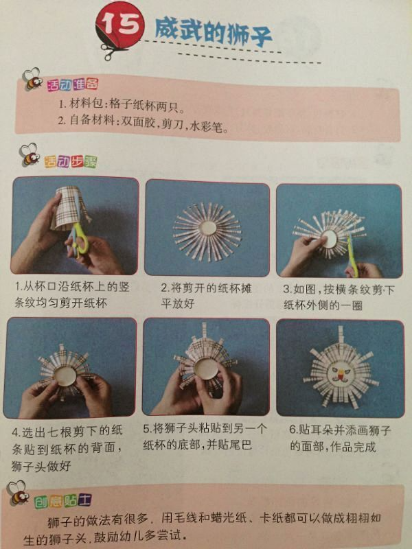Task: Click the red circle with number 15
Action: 119,25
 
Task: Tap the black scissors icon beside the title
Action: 113,51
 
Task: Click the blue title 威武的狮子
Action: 214,33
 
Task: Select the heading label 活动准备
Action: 73,84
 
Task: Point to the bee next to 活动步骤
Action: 30,154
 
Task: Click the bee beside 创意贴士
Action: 19,493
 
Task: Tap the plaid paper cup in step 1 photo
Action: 71,209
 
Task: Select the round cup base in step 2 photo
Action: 207,231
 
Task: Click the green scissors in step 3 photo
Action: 352,255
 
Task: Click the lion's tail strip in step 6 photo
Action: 341,337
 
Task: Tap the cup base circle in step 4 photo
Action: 65,375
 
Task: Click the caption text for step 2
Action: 206,296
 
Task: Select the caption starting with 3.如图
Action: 339,297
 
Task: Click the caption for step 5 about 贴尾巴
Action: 205,436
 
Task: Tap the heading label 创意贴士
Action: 62,501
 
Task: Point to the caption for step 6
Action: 340,438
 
